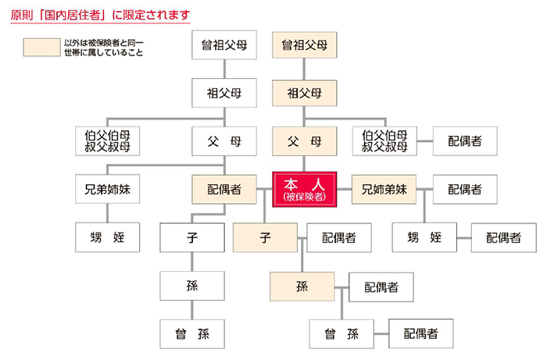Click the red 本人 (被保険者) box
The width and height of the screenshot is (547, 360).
[305, 189]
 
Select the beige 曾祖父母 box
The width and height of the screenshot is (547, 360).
[305, 45]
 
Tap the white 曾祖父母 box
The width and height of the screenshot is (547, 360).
[224, 45]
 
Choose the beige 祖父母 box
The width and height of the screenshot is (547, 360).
[305, 93]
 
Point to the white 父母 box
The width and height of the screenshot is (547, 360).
[224, 141]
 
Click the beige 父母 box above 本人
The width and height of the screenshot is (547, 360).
[305, 141]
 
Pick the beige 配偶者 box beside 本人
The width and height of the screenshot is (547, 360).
[224, 189]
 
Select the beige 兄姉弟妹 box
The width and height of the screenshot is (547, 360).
[384, 189]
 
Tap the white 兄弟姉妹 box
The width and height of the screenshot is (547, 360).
[108, 189]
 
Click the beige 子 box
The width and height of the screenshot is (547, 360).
[265, 237]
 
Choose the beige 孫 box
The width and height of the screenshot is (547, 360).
[302, 287]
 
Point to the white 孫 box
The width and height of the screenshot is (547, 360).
[192, 286]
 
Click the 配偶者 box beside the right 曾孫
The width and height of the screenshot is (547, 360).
[421, 333]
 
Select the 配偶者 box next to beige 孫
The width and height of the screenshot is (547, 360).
[381, 287]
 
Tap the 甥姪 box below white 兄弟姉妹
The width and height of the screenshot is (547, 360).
[108, 237]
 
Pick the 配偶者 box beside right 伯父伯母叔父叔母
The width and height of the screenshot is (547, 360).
[465, 141]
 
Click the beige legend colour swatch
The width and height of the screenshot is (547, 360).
[42, 48]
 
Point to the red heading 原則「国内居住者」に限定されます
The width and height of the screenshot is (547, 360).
[101, 16]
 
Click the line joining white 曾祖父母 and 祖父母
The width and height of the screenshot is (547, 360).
[224, 69]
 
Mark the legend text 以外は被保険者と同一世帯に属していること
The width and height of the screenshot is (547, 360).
[104, 48]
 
